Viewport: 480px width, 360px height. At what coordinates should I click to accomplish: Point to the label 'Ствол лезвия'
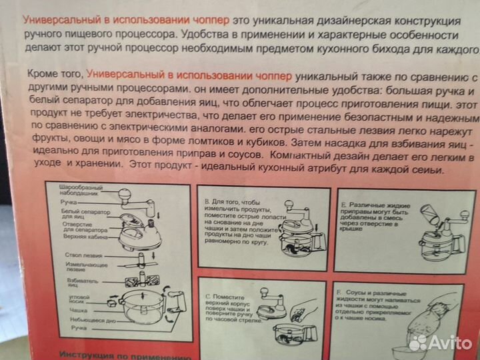[x=84, y=255]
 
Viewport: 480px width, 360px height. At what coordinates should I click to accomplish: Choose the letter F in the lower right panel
[x=340, y=291]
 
